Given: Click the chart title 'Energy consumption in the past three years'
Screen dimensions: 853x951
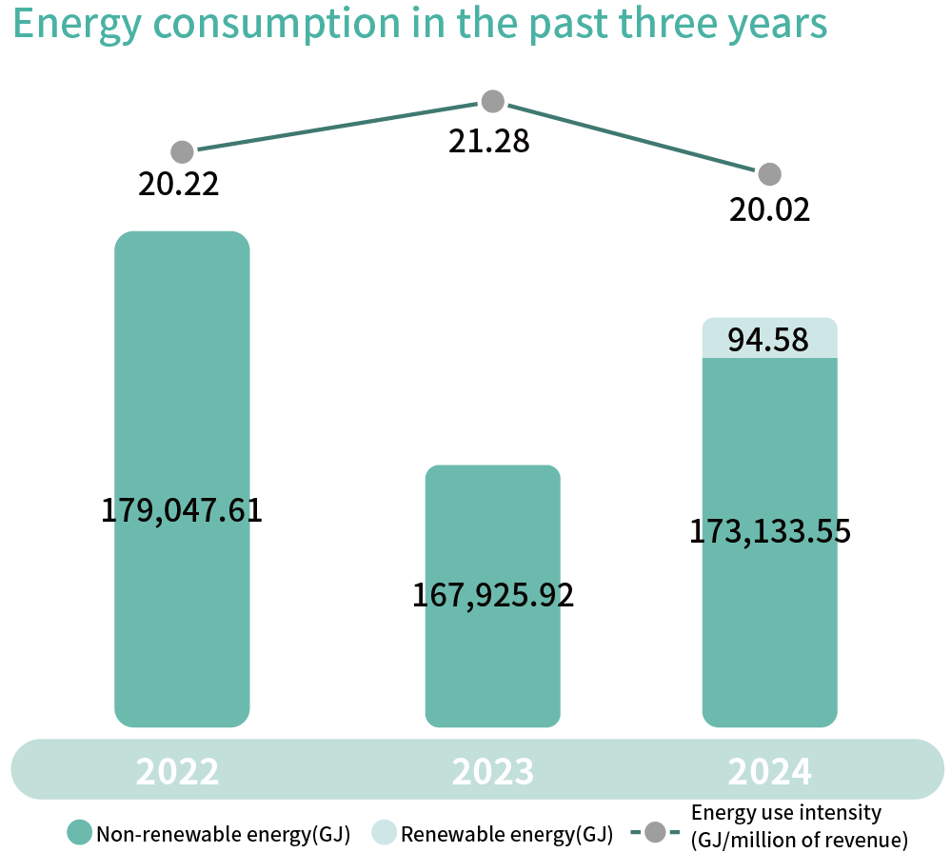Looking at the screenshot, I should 420,26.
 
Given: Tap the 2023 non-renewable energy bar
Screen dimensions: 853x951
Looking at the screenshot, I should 492,533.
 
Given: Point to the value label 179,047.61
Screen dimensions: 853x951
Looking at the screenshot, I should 182,510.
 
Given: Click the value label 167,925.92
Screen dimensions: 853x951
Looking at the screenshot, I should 493,596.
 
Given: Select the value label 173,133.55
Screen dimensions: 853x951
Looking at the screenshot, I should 769,531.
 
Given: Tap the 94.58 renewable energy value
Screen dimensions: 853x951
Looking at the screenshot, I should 769,340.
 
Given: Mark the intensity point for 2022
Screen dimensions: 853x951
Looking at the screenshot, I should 182,152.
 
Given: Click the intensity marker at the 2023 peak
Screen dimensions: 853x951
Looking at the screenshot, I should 492,101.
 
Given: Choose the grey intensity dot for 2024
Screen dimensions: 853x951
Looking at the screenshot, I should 769,174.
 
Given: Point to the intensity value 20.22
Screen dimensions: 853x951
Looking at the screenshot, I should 179,184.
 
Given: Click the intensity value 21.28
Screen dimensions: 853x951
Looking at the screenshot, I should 489,141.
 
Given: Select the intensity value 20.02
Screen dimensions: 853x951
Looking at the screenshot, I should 770,208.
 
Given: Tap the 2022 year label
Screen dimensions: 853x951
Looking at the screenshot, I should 177,771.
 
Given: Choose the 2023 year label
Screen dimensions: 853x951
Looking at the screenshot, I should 493,771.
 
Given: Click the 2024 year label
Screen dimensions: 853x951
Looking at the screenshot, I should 770,771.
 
